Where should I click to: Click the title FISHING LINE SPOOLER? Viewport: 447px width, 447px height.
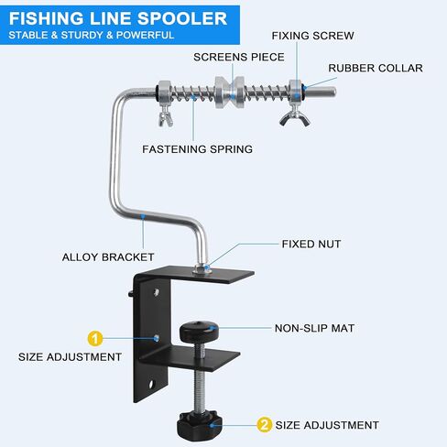pos(118,18)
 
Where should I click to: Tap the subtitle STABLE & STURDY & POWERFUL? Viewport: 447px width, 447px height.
pos(92,35)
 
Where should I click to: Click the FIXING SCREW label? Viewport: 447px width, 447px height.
pos(313,36)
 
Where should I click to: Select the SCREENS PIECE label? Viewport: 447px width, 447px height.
pos(239,57)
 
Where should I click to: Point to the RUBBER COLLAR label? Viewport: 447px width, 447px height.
pos(376,68)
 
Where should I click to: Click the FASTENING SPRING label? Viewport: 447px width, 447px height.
pos(198,149)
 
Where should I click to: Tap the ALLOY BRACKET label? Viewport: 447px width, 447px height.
pos(108,257)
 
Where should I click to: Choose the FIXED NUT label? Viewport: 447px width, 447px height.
pos(311,244)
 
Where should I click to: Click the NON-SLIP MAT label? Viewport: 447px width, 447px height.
pos(314,328)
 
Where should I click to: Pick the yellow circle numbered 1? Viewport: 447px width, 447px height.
pos(95,339)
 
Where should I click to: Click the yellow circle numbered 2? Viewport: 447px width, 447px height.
pos(264,425)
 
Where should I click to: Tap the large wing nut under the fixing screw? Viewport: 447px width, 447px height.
pos(295,117)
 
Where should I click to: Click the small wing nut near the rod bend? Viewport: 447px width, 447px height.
pos(166,116)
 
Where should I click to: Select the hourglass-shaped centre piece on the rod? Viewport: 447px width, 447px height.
pos(230,92)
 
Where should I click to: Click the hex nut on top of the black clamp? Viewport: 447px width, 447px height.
pos(201,269)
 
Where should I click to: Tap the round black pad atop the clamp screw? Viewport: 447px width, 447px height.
pos(199,332)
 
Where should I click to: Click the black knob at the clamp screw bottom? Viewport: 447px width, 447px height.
pos(200,425)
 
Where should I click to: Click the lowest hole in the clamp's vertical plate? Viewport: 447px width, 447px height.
pos(152,384)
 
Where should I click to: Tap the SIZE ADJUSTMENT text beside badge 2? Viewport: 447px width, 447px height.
pos(327,425)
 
